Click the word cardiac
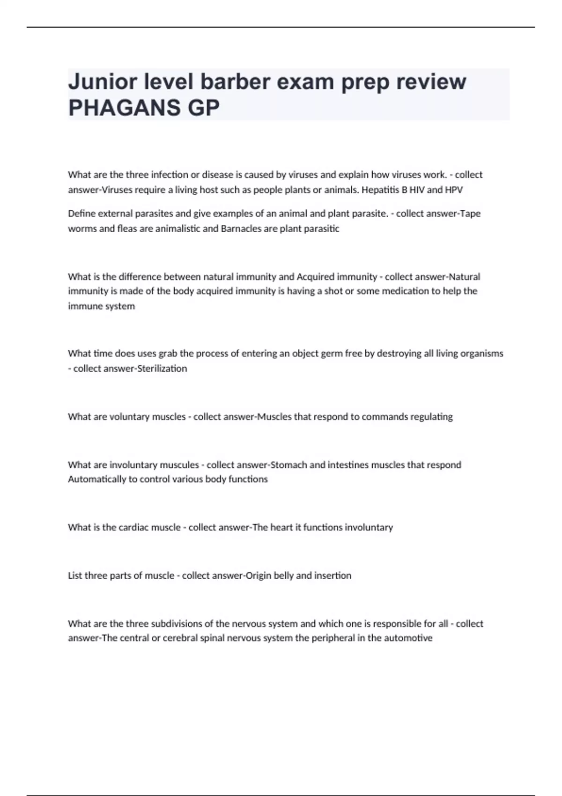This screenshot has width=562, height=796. [x=133, y=527]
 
